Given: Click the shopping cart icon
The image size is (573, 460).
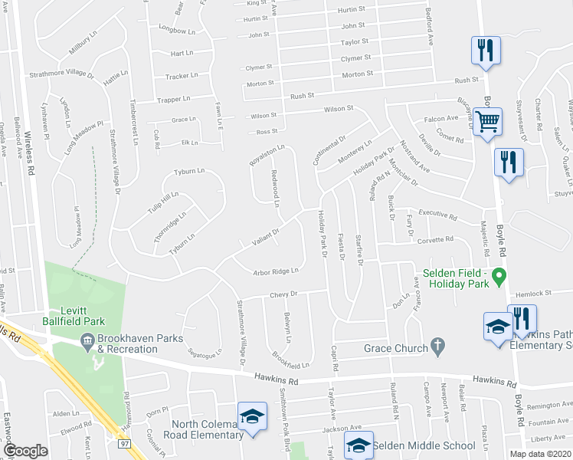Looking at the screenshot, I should (x=487, y=120).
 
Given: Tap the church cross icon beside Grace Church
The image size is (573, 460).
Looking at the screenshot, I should (x=437, y=347).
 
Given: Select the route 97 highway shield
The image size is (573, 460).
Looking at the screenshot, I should (x=125, y=443).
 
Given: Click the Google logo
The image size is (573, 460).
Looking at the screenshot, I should (x=25, y=451).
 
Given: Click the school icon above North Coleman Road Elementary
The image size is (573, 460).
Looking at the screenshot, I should (x=250, y=416).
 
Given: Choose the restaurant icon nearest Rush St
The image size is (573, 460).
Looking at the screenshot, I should (x=486, y=51).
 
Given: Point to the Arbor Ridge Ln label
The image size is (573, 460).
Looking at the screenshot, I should (x=276, y=271).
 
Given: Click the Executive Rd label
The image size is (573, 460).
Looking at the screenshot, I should (x=437, y=215).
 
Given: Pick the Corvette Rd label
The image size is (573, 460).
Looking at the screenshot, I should (x=435, y=240).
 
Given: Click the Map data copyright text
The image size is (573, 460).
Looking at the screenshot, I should (x=540, y=454).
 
